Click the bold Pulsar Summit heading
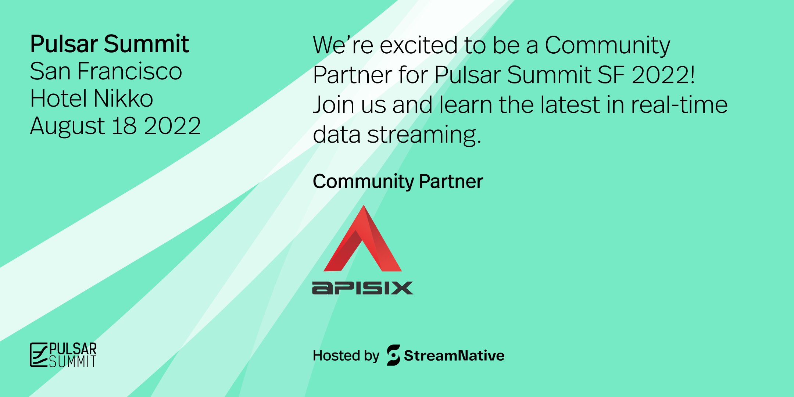pos(110,44)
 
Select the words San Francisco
pos(106,71)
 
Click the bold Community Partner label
pos(398,182)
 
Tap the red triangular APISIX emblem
pos(363,243)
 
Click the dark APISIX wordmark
pos(362,288)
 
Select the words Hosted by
pos(346,356)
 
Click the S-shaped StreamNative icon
pos(393,355)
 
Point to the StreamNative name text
pos(454,356)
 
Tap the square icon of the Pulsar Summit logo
pos(39,355)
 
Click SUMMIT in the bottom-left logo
pos(73,362)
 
